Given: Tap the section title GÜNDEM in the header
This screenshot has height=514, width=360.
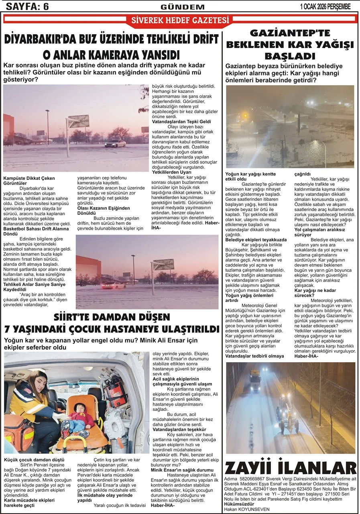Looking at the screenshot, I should click(183, 7).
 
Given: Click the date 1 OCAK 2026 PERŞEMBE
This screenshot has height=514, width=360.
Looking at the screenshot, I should click(325, 6).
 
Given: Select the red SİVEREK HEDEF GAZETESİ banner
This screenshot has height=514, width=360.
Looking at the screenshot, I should click(180, 20).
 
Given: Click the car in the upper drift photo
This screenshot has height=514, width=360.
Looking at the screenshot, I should click(115, 143).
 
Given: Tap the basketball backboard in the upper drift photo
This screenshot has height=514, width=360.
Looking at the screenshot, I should click(78, 121).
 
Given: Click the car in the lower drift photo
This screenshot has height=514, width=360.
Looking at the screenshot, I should click(114, 286).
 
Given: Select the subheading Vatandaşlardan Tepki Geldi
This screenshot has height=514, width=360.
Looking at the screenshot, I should click(181, 121).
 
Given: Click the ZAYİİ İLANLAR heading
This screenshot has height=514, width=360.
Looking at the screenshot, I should click(291, 468).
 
